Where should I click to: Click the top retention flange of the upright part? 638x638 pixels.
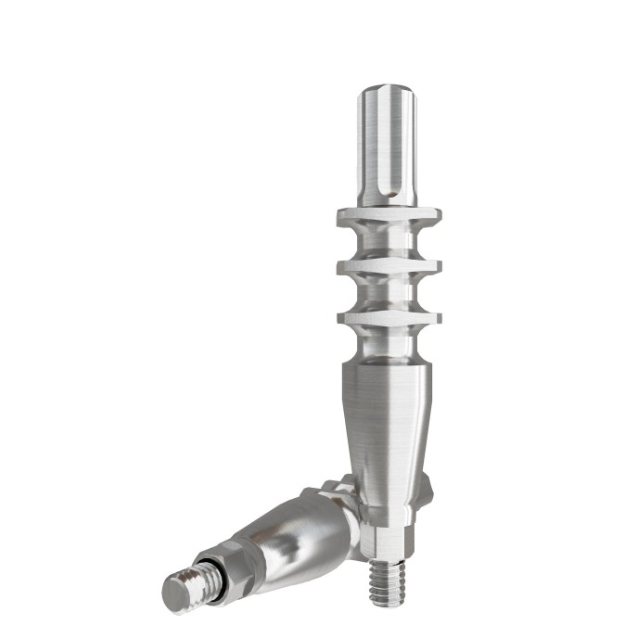click(388, 215)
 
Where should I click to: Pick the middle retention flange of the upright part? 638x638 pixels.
click(388, 267)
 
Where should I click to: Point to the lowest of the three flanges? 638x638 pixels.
click(388, 318)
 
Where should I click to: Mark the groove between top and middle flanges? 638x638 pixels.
click(388, 242)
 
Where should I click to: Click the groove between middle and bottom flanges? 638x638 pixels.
click(388, 293)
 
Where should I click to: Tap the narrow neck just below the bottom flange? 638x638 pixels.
click(388, 344)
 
